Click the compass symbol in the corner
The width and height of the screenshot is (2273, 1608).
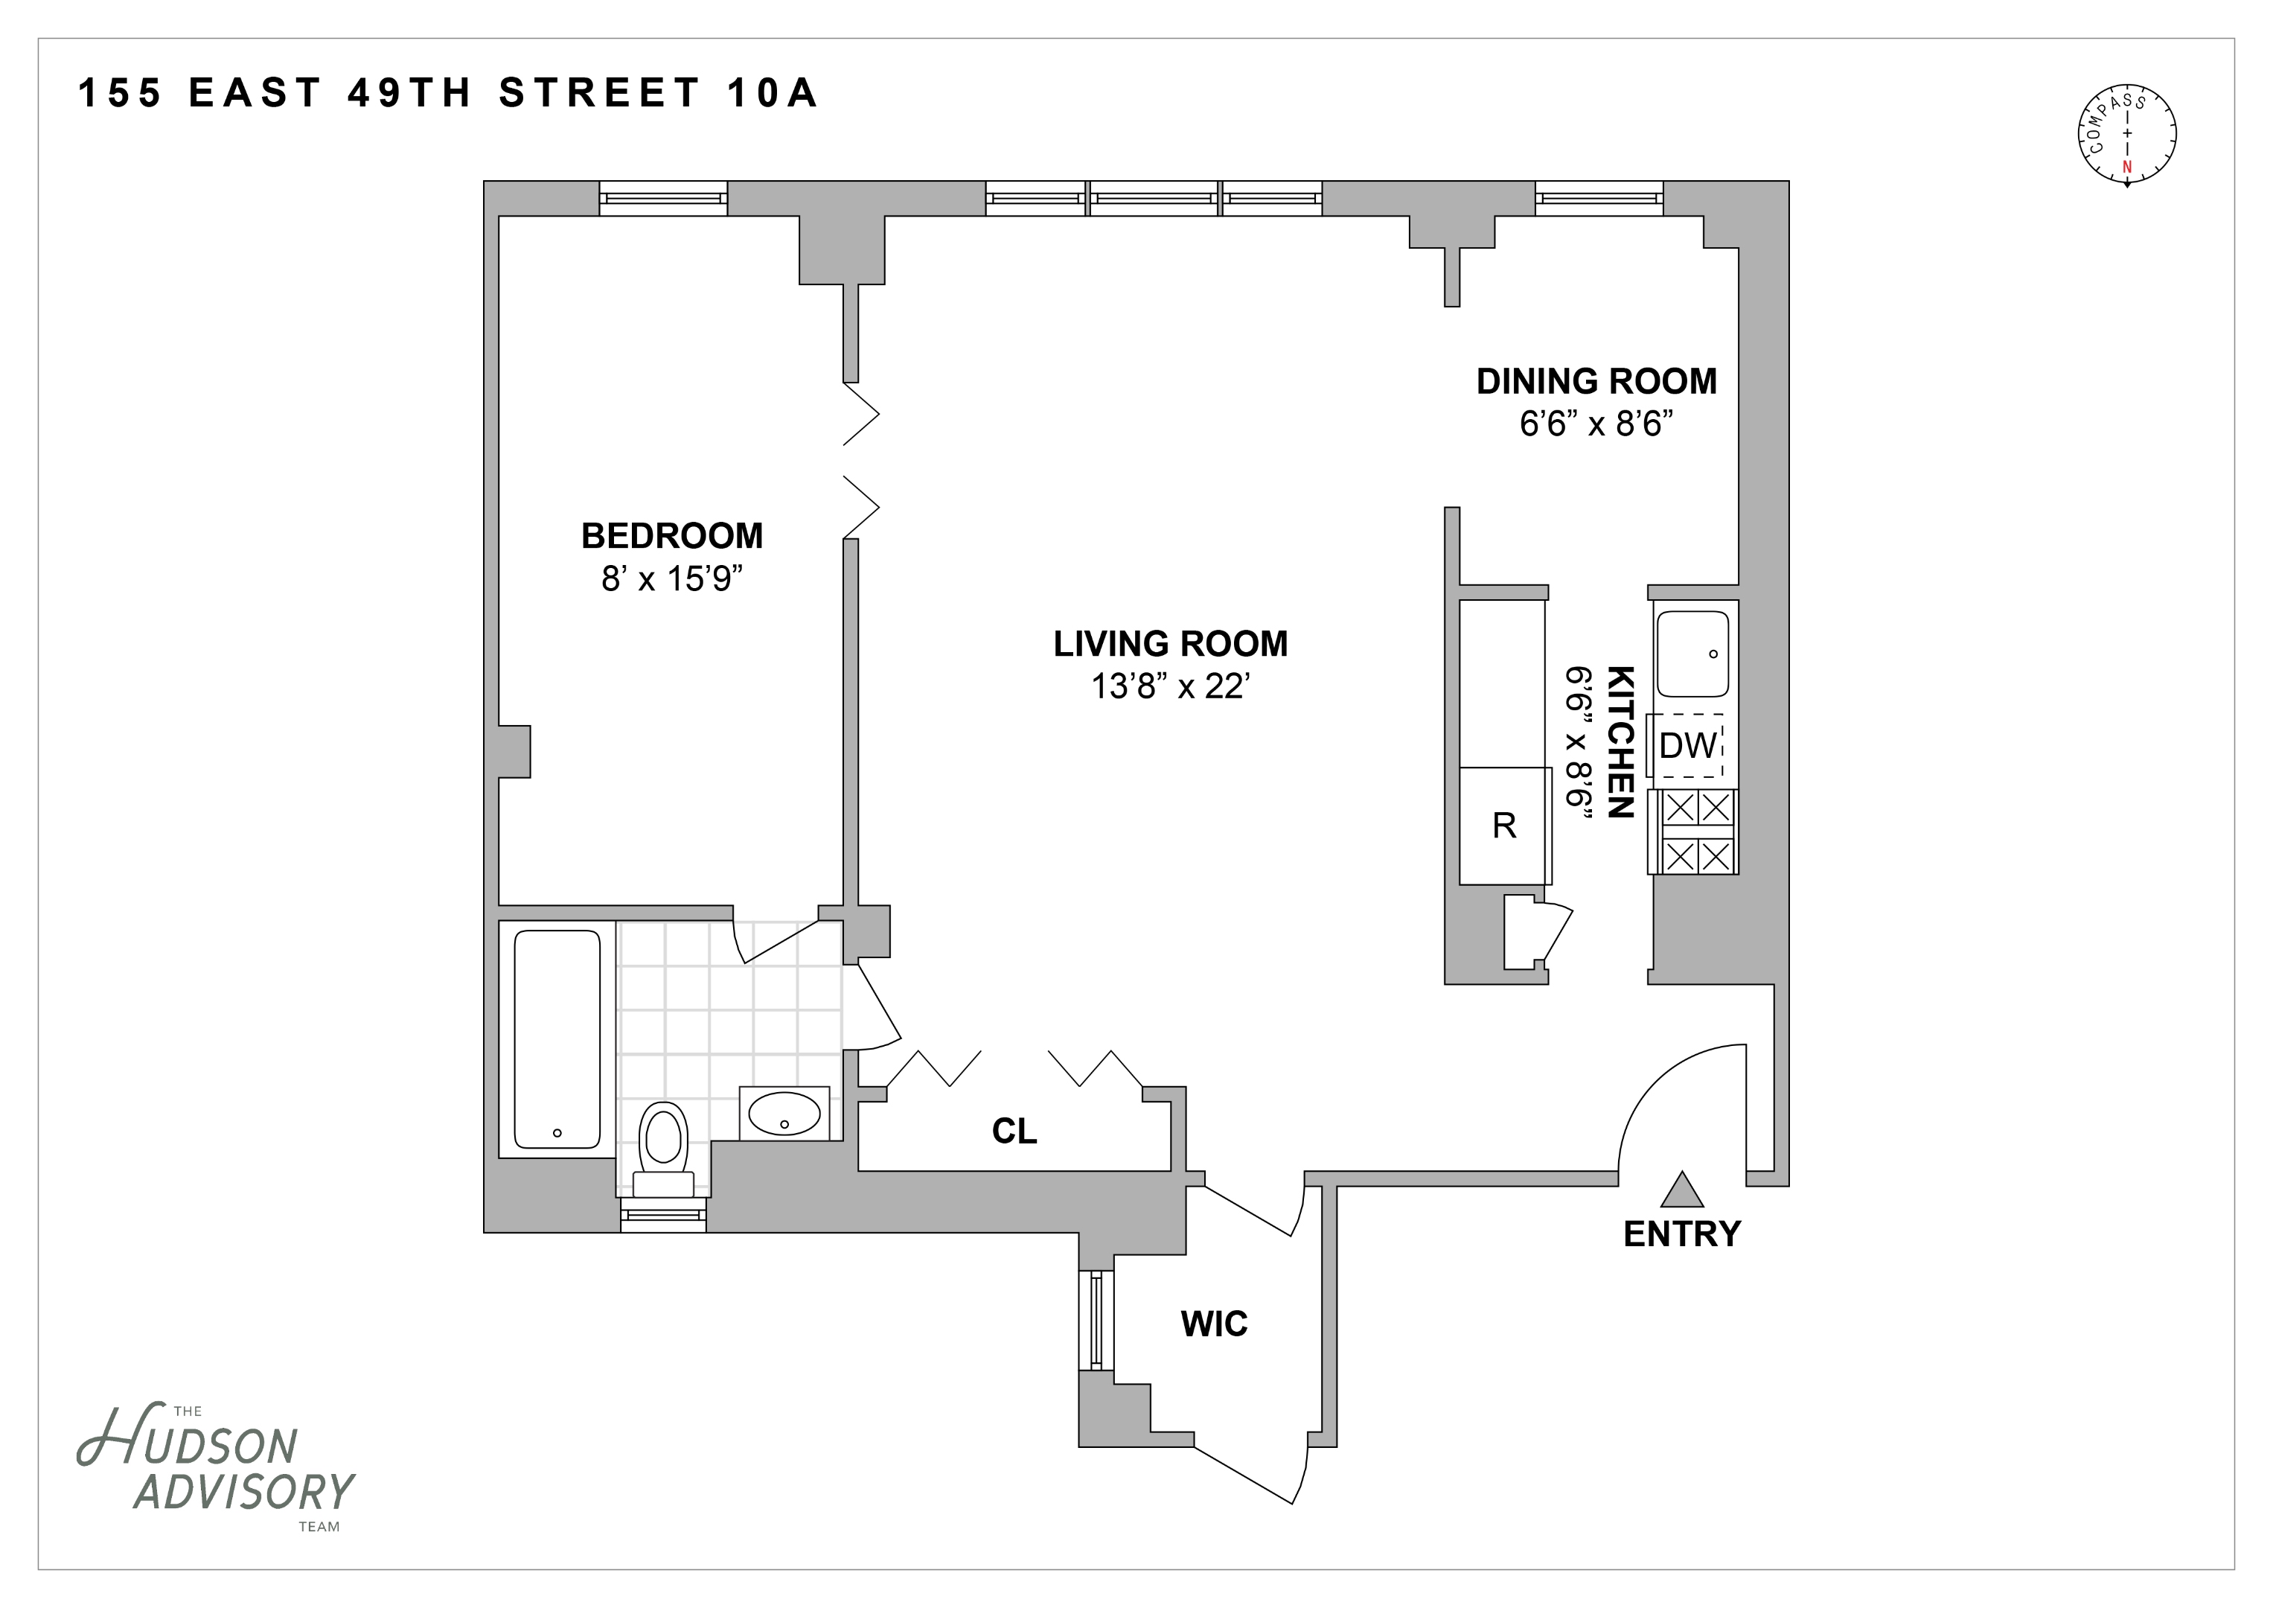(2126, 134)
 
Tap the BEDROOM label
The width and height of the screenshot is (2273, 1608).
(671, 536)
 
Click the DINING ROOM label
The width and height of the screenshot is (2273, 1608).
(1596, 381)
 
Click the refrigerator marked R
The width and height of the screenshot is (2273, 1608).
(1503, 825)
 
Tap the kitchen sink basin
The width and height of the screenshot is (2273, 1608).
(1693, 654)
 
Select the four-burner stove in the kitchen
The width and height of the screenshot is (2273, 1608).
(1697, 831)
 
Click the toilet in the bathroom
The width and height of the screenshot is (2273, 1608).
(663, 1149)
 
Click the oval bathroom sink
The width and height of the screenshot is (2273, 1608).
(784, 1114)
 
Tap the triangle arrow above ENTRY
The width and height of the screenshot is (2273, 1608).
(1681, 1190)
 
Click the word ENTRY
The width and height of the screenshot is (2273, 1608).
(1681, 1234)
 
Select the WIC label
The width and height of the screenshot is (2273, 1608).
(1214, 1324)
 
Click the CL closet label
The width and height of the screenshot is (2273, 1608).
(1014, 1131)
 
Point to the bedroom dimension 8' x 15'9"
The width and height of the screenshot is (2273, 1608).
(671, 578)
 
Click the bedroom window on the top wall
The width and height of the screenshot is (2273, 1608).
(663, 198)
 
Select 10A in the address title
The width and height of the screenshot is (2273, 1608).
(773, 93)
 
